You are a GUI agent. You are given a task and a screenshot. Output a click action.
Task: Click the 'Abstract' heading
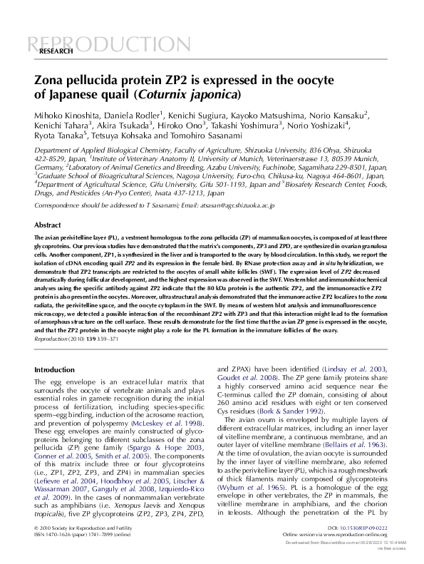pyautogui.click(x=48, y=225)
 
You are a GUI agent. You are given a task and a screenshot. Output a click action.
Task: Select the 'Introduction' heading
pyautogui.click(x=54, y=370)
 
